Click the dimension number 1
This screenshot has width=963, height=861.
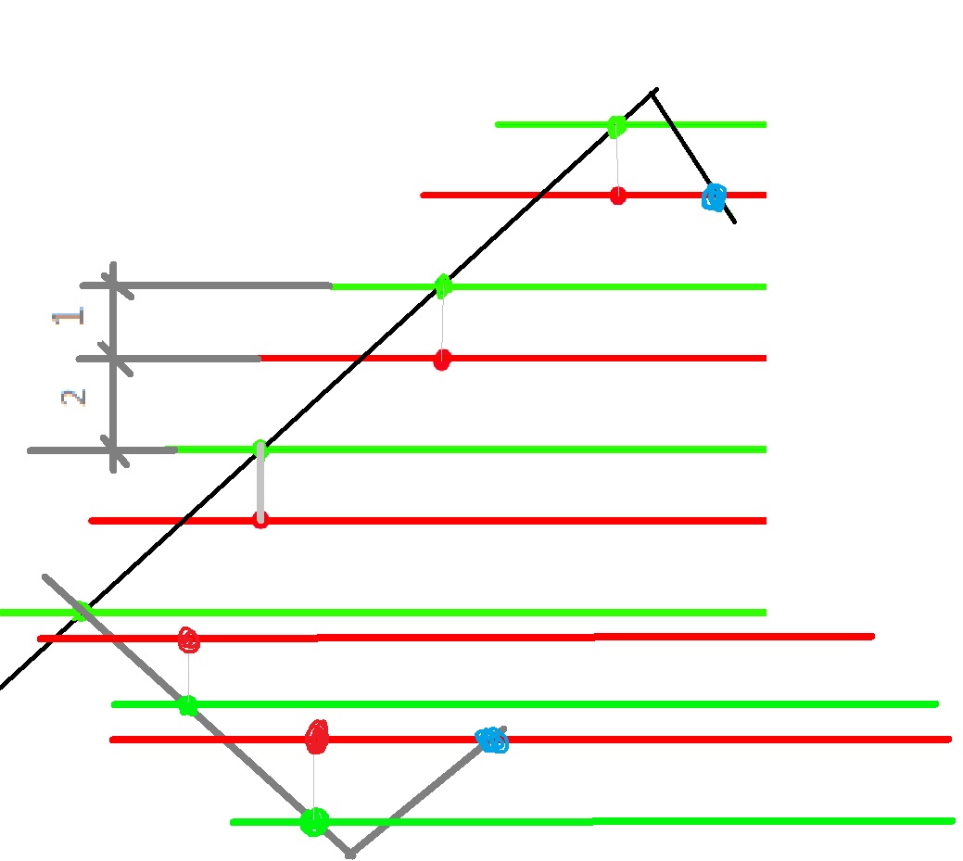click(68, 316)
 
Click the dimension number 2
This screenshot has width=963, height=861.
click(73, 398)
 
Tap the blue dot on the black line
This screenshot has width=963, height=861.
click(715, 197)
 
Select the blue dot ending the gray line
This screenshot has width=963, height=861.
click(492, 740)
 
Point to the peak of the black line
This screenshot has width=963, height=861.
click(654, 91)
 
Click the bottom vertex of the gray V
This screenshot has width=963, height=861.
click(350, 855)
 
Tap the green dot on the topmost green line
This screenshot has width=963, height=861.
click(616, 127)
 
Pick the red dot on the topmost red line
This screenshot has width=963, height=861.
click(618, 196)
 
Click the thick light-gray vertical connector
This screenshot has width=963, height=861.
click(260, 485)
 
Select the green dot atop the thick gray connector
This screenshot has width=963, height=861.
click(260, 449)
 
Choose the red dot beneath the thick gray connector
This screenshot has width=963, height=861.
click(260, 521)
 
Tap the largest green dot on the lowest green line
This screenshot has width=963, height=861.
click(314, 822)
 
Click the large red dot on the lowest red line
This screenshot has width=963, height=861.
click(317, 737)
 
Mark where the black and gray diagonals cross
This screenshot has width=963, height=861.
click(82, 612)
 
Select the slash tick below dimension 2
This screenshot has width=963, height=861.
click(115, 451)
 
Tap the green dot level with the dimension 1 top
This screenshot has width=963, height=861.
click(443, 286)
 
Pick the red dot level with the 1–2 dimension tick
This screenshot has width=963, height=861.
click(442, 360)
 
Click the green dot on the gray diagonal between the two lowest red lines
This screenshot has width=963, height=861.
click(188, 705)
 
